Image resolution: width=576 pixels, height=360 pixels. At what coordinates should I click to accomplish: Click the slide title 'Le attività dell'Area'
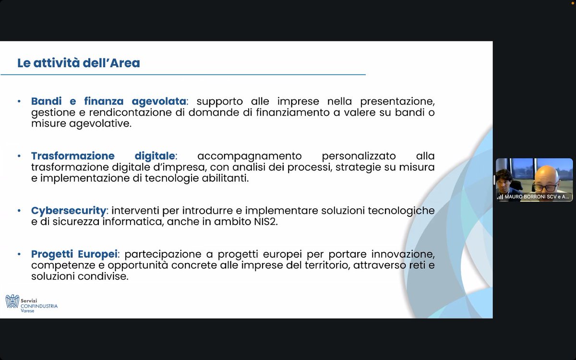[x=79, y=63]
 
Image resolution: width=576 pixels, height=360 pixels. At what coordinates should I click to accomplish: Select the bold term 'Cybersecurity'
[x=68, y=211]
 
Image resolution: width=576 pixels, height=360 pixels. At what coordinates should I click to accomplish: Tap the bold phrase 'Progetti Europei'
[x=74, y=254]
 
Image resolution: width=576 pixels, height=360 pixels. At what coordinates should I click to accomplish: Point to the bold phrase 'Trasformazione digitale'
[x=104, y=156]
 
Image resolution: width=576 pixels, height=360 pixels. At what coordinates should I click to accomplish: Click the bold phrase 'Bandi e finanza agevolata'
[x=108, y=101]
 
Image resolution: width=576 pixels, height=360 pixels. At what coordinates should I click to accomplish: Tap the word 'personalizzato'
[x=359, y=156]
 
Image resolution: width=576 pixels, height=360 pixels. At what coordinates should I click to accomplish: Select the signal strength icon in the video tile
[x=500, y=197]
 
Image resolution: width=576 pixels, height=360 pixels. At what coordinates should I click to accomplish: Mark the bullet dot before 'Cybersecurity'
[x=19, y=211]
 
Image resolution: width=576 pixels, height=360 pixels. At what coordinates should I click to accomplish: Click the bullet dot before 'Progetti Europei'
[x=19, y=254]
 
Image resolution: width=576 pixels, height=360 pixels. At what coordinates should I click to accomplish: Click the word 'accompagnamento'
[x=249, y=156]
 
